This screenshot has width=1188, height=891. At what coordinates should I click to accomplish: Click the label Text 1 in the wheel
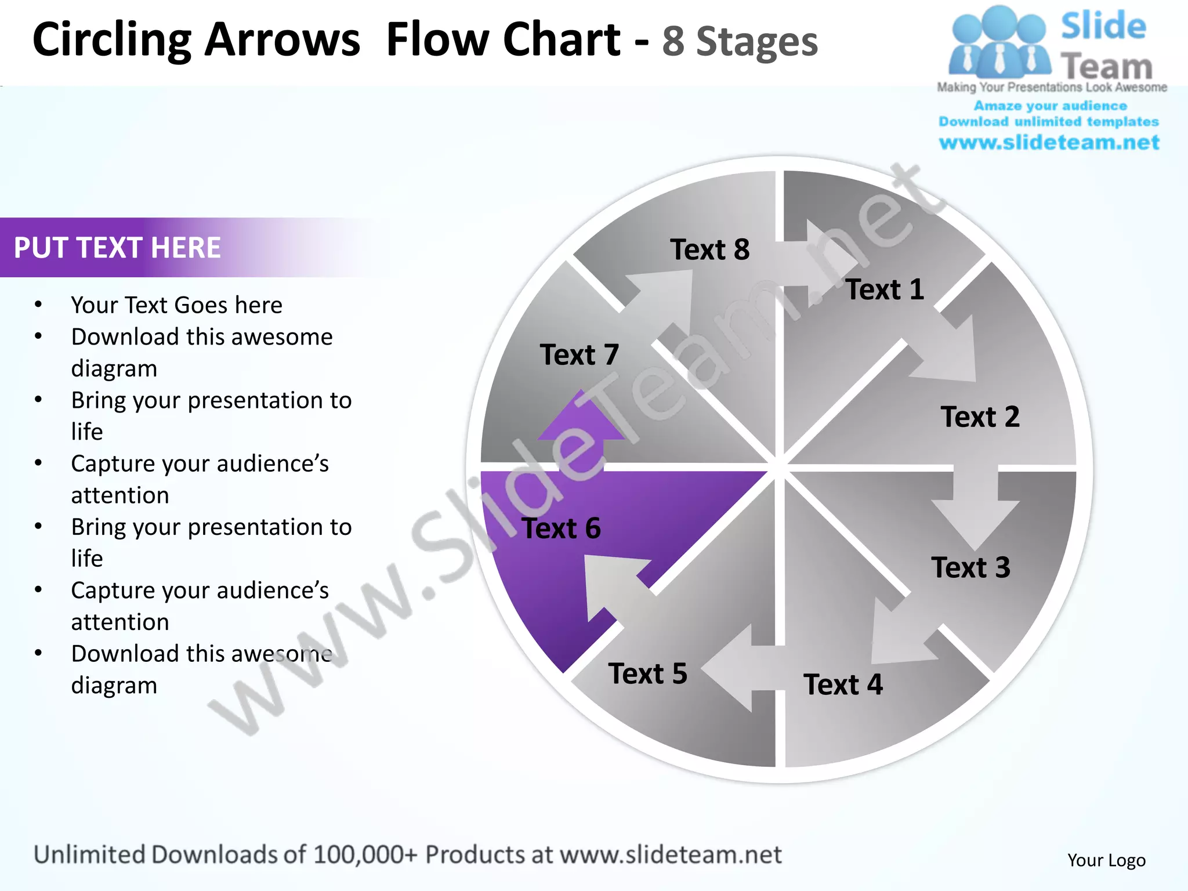pyautogui.click(x=885, y=289)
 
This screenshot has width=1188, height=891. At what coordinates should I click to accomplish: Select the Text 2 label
pyautogui.click(x=980, y=416)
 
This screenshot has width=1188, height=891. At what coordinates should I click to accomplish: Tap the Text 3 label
pyautogui.click(x=970, y=567)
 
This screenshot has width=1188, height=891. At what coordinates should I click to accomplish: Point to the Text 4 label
pyautogui.click(x=843, y=684)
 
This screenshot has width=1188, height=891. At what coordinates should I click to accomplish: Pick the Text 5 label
pyautogui.click(x=647, y=673)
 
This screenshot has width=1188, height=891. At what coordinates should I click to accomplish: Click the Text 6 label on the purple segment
pyautogui.click(x=561, y=528)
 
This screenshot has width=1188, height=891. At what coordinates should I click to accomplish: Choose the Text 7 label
pyautogui.click(x=579, y=354)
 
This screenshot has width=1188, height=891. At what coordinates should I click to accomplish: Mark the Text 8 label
pyautogui.click(x=709, y=249)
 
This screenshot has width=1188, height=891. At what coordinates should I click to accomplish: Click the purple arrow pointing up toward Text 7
pyautogui.click(x=580, y=426)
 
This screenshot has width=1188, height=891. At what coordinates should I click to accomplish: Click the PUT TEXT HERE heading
pyautogui.click(x=117, y=248)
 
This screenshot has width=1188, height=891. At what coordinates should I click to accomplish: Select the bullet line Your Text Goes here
pyautogui.click(x=176, y=305)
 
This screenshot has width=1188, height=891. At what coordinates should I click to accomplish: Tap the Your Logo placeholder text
pyautogui.click(x=1106, y=860)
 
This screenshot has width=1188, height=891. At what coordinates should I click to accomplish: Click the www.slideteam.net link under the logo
pyautogui.click(x=1049, y=142)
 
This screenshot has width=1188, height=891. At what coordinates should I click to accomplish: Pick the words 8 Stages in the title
pyautogui.click(x=740, y=42)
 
